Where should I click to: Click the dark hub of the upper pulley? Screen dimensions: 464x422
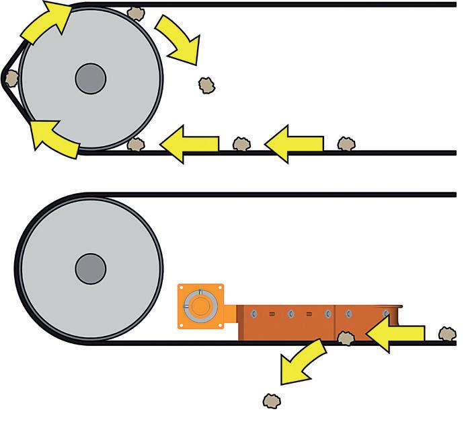[90, 78]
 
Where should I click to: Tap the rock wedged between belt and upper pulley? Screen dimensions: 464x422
[11, 78]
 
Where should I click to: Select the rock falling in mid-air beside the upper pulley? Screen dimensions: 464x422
[206, 85]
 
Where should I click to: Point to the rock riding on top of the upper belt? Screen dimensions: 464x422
[137, 12]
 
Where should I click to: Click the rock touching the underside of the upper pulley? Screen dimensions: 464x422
[137, 144]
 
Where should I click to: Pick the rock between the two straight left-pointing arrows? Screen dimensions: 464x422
[241, 143]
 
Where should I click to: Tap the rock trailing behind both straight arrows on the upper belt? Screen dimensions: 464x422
[346, 143]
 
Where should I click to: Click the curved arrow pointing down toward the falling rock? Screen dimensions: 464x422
[179, 38]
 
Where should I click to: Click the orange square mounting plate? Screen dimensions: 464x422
[201, 306]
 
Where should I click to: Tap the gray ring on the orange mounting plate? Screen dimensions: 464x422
[201, 306]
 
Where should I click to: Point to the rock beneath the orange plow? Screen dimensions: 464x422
[346, 338]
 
